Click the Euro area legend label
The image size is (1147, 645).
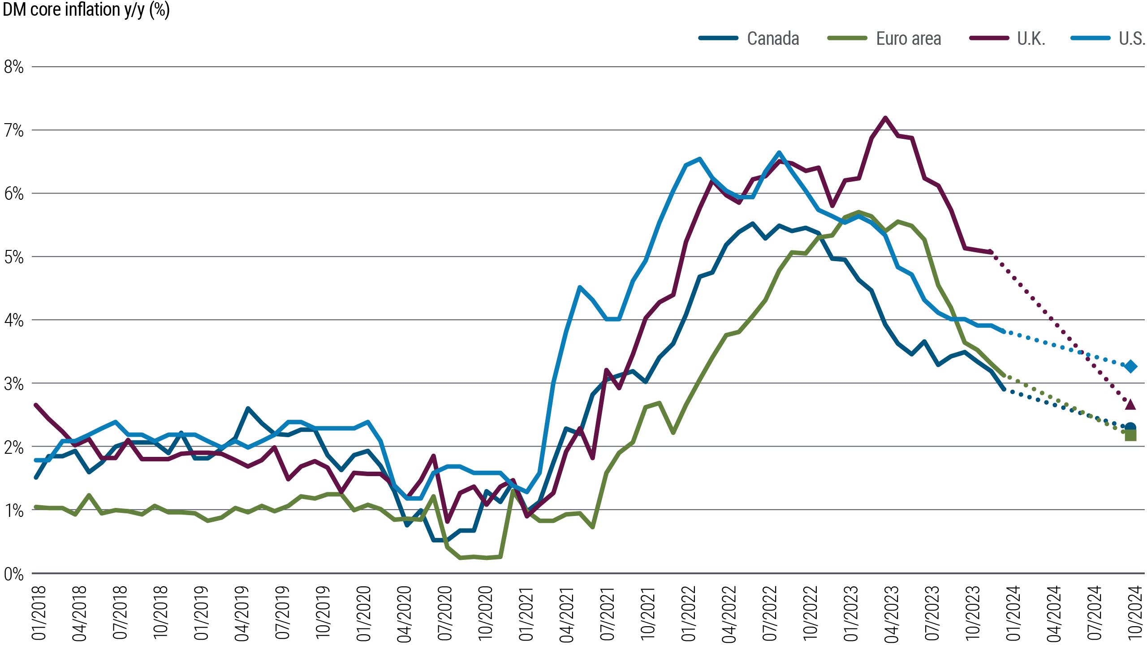coord(908,39)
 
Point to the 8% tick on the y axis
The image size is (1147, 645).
coord(13,67)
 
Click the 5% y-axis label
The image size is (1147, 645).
coord(13,257)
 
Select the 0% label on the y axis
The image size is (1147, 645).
coord(13,574)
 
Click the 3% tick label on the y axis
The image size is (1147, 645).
coord(13,384)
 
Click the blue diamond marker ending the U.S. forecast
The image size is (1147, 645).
coord(1131,366)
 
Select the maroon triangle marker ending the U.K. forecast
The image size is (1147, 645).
coord(1130,404)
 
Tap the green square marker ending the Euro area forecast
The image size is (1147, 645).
coord(1130,435)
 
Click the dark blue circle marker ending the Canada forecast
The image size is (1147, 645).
coord(1130,427)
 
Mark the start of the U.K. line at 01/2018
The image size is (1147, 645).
coord(36,405)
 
